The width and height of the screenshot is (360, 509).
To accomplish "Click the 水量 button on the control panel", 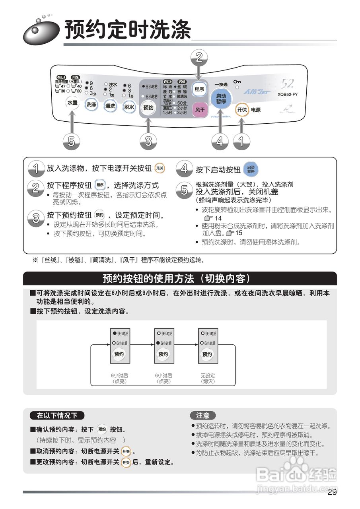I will (72, 103).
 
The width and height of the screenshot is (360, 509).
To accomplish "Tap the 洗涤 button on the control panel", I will (91, 105).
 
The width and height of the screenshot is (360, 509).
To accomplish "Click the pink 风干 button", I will (200, 109).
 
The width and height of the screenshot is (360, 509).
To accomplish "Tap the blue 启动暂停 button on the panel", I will (221, 99).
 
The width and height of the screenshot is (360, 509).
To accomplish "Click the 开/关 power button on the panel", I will (241, 109).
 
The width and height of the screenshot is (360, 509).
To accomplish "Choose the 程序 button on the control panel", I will (199, 89).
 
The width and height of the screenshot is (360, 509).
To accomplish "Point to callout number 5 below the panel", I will (71, 142).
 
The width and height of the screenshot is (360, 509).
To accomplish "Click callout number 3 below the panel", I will (148, 142).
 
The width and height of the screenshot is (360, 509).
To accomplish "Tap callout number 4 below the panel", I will (220, 142).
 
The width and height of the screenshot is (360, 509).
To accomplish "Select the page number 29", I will (332, 493).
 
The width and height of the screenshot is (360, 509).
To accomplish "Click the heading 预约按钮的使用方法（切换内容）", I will (179, 278).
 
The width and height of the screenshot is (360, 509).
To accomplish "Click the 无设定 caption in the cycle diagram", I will (208, 375).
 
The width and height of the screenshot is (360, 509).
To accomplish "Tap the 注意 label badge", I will (202, 416).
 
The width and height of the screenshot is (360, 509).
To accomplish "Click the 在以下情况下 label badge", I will (57, 416).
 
